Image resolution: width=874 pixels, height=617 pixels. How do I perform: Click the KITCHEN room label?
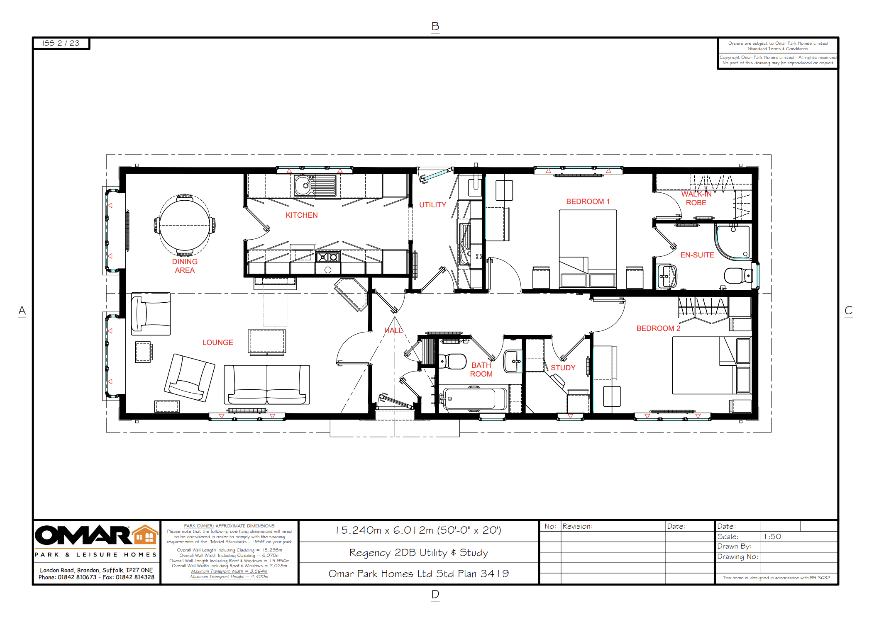click(x=302, y=215)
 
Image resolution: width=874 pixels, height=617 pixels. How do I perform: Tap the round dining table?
click(x=185, y=225)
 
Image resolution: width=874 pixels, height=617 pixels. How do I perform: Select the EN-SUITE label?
click(x=697, y=255)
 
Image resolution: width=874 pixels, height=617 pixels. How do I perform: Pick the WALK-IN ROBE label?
click(x=696, y=198)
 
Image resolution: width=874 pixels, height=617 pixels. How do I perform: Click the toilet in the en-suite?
click(x=738, y=275)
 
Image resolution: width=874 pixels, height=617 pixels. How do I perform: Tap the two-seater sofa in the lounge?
click(x=267, y=384)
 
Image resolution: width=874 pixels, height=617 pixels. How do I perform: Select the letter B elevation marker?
click(x=435, y=27)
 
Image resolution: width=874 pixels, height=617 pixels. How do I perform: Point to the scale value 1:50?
click(x=772, y=537)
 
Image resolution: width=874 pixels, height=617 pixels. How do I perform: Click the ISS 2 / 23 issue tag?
click(x=61, y=43)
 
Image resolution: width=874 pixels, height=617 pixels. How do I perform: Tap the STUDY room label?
click(x=563, y=368)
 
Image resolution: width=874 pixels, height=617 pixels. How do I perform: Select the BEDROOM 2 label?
click(x=658, y=328)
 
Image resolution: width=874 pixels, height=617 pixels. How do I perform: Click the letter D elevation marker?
click(x=435, y=594)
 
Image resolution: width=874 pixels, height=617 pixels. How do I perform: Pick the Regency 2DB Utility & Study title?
click(x=418, y=553)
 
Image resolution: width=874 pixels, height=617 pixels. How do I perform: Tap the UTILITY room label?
click(x=432, y=205)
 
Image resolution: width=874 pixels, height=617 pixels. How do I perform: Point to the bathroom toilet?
click(x=452, y=361)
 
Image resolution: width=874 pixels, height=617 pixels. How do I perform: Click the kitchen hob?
click(x=328, y=257)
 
